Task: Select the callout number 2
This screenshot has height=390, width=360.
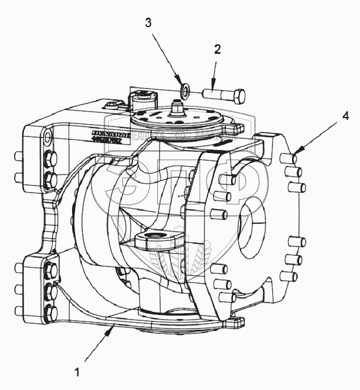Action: (x=218, y=50)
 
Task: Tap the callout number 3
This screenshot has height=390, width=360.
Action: (x=148, y=23)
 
